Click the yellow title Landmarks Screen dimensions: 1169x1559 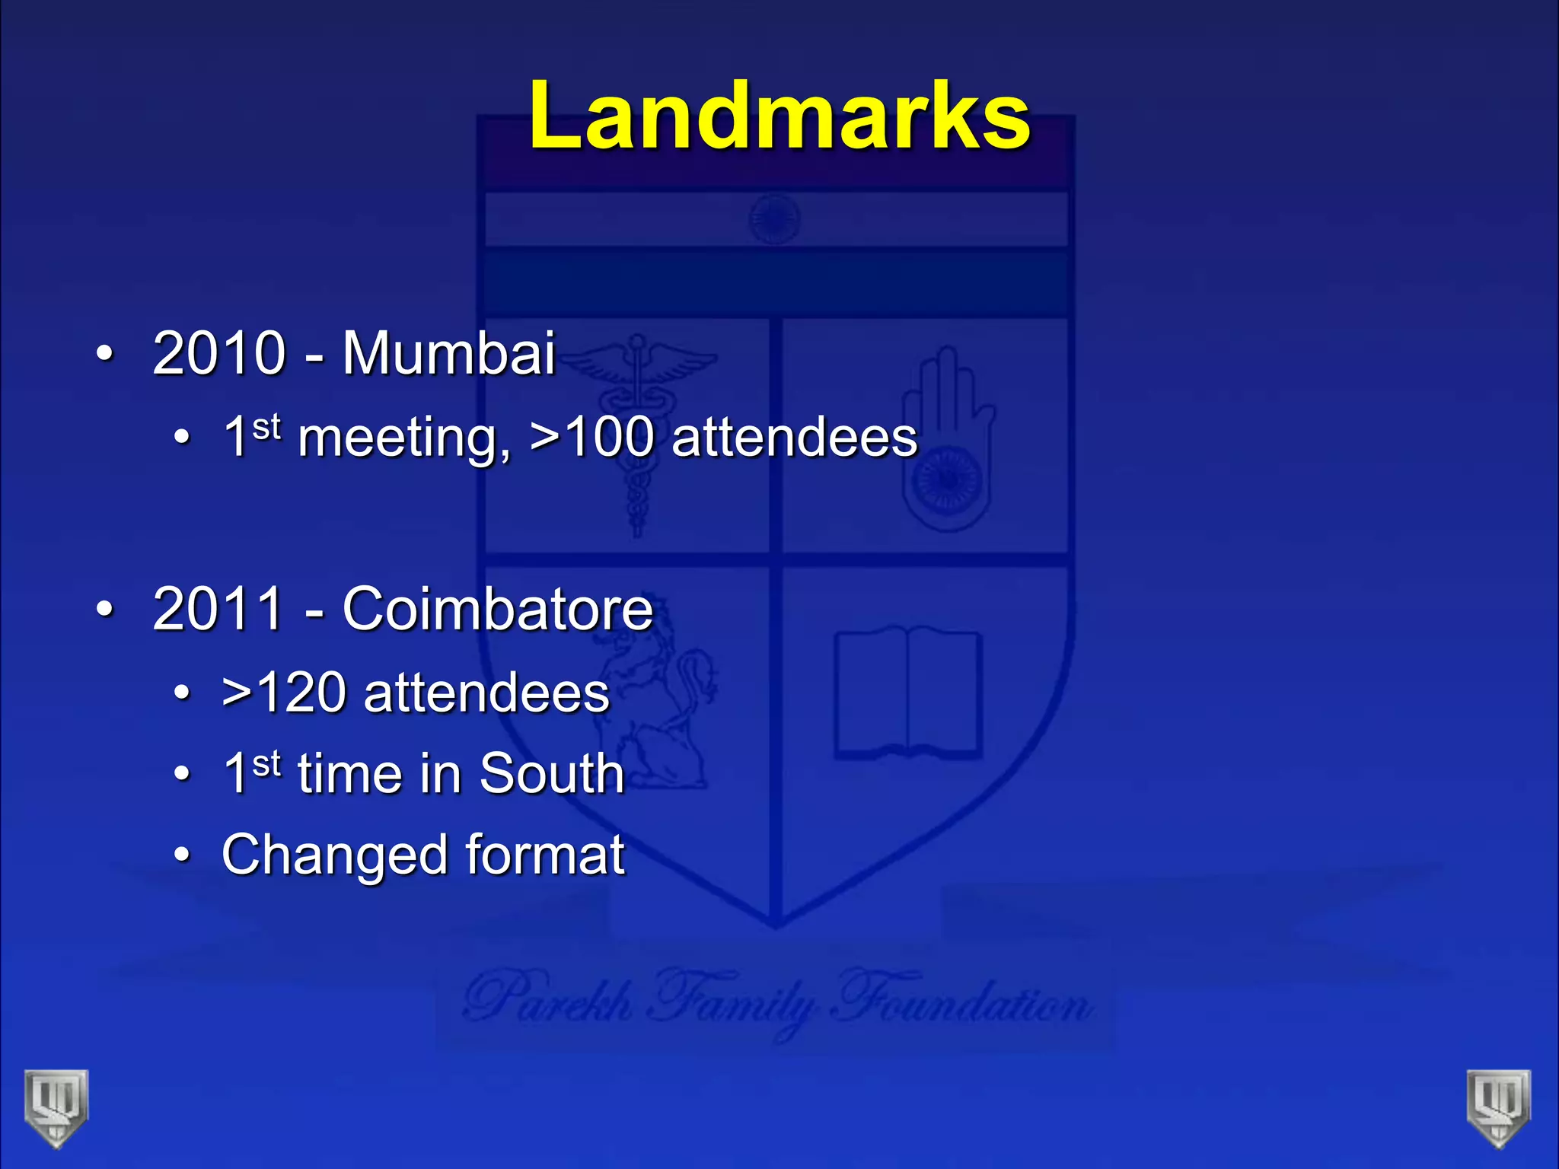coord(779,116)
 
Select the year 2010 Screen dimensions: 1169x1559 coord(218,353)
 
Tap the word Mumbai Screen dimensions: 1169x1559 coord(448,353)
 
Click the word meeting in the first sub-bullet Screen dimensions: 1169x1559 coord(403,439)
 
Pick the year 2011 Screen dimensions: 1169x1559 coord(218,609)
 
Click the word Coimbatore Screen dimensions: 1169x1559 coord(498,609)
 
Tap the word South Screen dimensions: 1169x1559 coord(552,774)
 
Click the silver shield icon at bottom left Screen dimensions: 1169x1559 coord(56,1107)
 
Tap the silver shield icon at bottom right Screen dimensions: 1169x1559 coord(1499,1107)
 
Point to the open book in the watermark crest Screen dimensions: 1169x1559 coord(907,693)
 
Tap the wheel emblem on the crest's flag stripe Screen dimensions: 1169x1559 coord(774,218)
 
